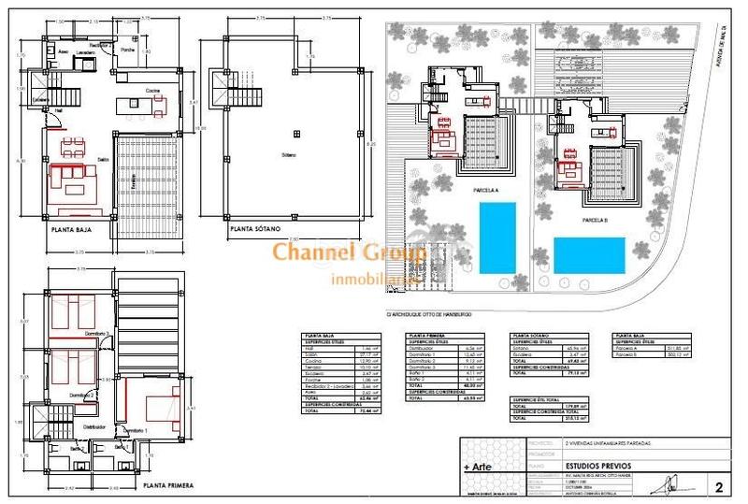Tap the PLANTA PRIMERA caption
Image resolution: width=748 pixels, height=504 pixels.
coord(168,485)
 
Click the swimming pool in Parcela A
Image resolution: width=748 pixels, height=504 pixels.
coord(502,238)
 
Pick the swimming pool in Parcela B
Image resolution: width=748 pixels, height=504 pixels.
coord(589,253)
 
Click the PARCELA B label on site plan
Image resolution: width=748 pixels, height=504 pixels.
coord(595,220)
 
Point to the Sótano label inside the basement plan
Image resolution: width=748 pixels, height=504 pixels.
coord(296,151)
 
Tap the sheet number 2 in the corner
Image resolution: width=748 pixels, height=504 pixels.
coord(717,486)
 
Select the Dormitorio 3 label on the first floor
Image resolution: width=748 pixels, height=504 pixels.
coord(96,332)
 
